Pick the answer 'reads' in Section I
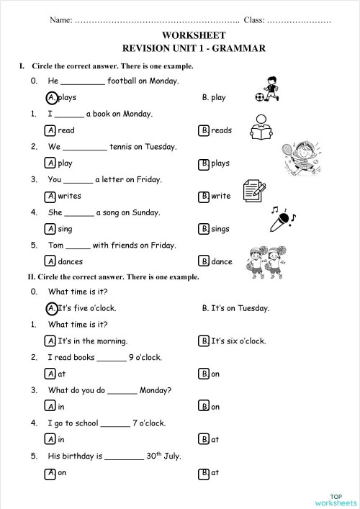click(x=221, y=130)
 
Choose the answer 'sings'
click(x=220, y=229)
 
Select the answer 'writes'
click(x=69, y=196)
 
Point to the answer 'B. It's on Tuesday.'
click(x=235, y=308)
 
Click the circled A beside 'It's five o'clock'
click(x=51, y=308)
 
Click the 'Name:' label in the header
click(x=61, y=19)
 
